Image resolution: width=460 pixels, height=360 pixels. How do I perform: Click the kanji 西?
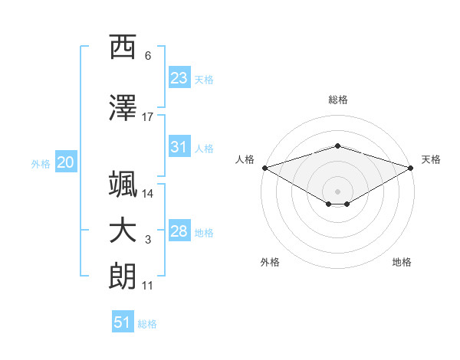pyautogui.click(x=123, y=47)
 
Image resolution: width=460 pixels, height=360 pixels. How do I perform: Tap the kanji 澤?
pyautogui.click(x=123, y=107)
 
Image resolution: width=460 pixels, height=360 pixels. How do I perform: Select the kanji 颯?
pyautogui.click(x=123, y=184)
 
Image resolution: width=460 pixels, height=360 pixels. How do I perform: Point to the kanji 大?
pyautogui.click(x=123, y=231)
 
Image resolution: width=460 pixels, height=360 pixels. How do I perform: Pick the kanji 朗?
pyautogui.click(x=123, y=277)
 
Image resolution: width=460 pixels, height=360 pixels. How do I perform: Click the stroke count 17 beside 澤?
pyautogui.click(x=147, y=117)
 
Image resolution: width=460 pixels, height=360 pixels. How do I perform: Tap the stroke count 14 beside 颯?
pyautogui.click(x=147, y=194)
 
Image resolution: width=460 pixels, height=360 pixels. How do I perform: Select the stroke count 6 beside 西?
pyautogui.click(x=148, y=56)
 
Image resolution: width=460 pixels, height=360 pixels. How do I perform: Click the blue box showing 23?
pyautogui.click(x=179, y=77)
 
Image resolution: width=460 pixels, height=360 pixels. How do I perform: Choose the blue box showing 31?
pyautogui.click(x=179, y=146)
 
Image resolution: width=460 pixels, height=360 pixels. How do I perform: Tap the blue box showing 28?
pyautogui.click(x=179, y=230)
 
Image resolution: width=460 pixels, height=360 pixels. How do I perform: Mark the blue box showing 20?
pyautogui.click(x=66, y=162)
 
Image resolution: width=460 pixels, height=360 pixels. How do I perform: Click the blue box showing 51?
pyautogui.click(x=123, y=321)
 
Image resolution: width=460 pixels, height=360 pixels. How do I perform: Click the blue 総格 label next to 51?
pyautogui.click(x=147, y=324)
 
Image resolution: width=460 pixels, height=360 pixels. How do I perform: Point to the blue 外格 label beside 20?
pyautogui.click(x=41, y=164)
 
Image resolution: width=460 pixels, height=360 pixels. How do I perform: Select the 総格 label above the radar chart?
pyautogui.click(x=338, y=100)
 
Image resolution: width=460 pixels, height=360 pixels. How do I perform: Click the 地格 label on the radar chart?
pyautogui.click(x=402, y=262)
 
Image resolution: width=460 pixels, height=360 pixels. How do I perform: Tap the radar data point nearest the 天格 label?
pyautogui.click(x=411, y=168)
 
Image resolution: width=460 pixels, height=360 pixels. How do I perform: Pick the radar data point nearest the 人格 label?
pyautogui.click(x=265, y=168)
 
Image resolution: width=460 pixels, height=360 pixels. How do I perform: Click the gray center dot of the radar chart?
pyautogui.click(x=337, y=191)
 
